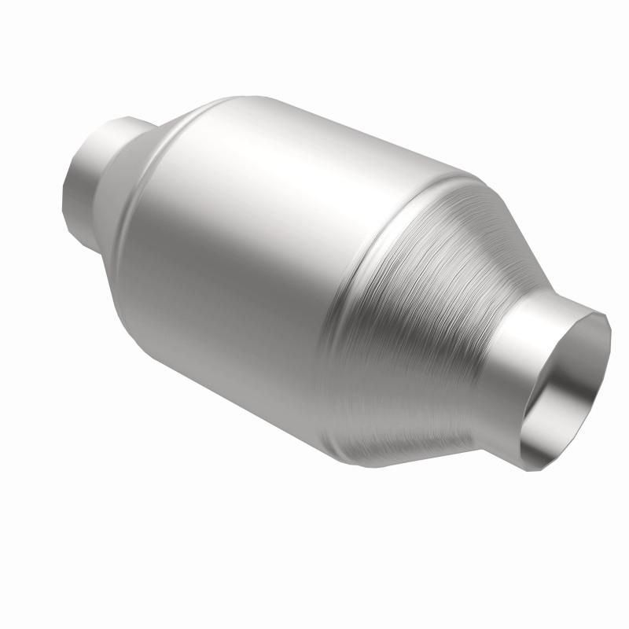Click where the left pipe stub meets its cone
pyautogui.click(x=118, y=157)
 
